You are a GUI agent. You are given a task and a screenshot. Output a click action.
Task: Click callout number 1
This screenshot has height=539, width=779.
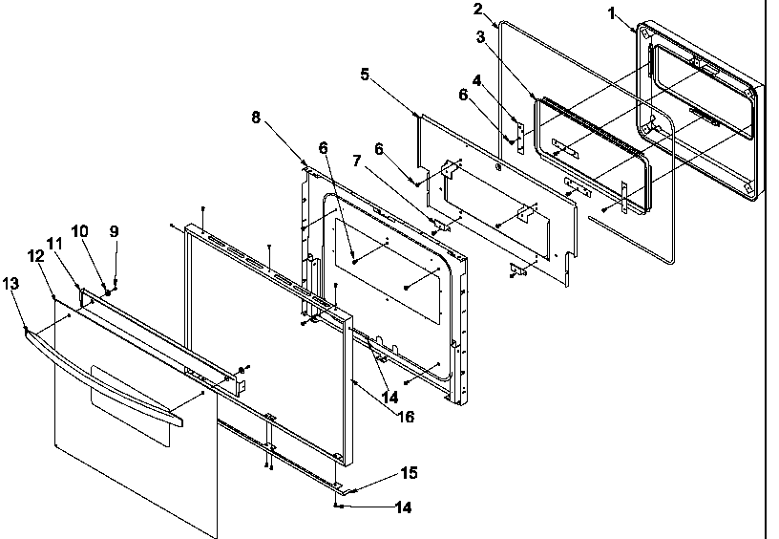tap(612, 15)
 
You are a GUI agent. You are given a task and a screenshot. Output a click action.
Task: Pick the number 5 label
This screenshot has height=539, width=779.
tap(365, 74)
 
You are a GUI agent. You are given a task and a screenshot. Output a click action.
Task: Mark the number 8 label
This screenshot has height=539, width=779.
tap(256, 118)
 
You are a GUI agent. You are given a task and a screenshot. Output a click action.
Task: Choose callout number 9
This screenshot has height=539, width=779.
tap(114, 230)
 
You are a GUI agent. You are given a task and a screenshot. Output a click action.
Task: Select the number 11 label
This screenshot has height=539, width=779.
tap(53, 245)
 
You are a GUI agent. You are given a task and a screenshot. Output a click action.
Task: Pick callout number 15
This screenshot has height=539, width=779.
tap(408, 473)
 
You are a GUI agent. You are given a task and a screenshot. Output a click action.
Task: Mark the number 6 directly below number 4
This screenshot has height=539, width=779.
tap(464, 96)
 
